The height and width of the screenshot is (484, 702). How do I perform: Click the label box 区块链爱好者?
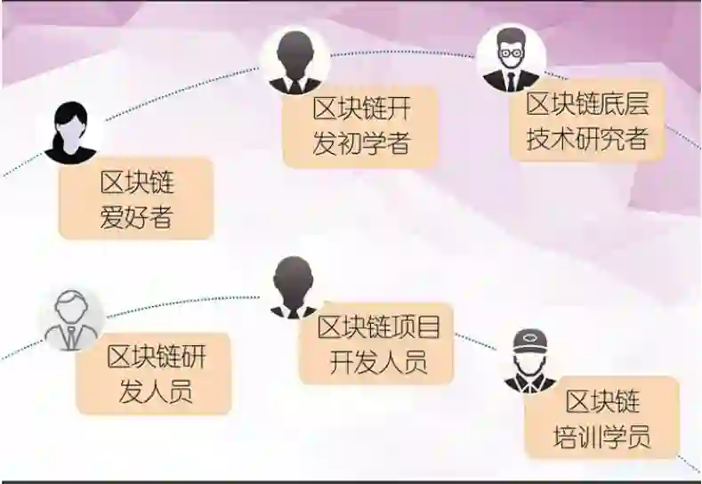[x=136, y=198]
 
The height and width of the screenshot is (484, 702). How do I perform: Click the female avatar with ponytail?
[x=70, y=133]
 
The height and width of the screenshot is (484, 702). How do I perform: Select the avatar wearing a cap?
[x=530, y=361]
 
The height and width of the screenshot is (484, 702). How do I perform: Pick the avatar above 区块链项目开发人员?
[x=294, y=287]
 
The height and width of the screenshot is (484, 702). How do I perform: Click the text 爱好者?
[x=136, y=216]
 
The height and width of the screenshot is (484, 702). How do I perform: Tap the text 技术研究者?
[x=587, y=139]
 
